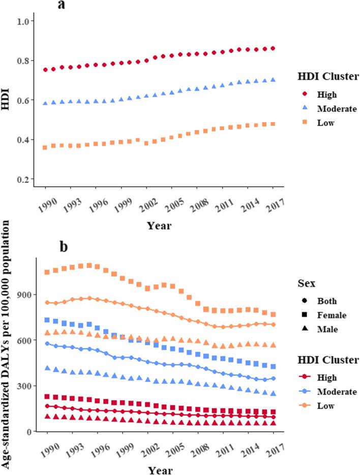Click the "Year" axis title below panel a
pos(159,225)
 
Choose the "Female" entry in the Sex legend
pos(327,315)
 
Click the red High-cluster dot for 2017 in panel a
pos(273,48)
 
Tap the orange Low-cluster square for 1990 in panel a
pos(45,147)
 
